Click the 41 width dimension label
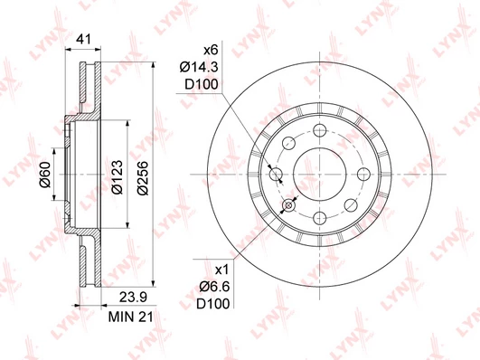83,40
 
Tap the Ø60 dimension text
45,174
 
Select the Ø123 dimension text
117,176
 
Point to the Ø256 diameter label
143,178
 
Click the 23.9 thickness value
133,297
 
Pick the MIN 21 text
131,317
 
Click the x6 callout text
211,50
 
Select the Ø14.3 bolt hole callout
199,67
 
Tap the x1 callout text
222,270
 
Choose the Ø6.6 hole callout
214,287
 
